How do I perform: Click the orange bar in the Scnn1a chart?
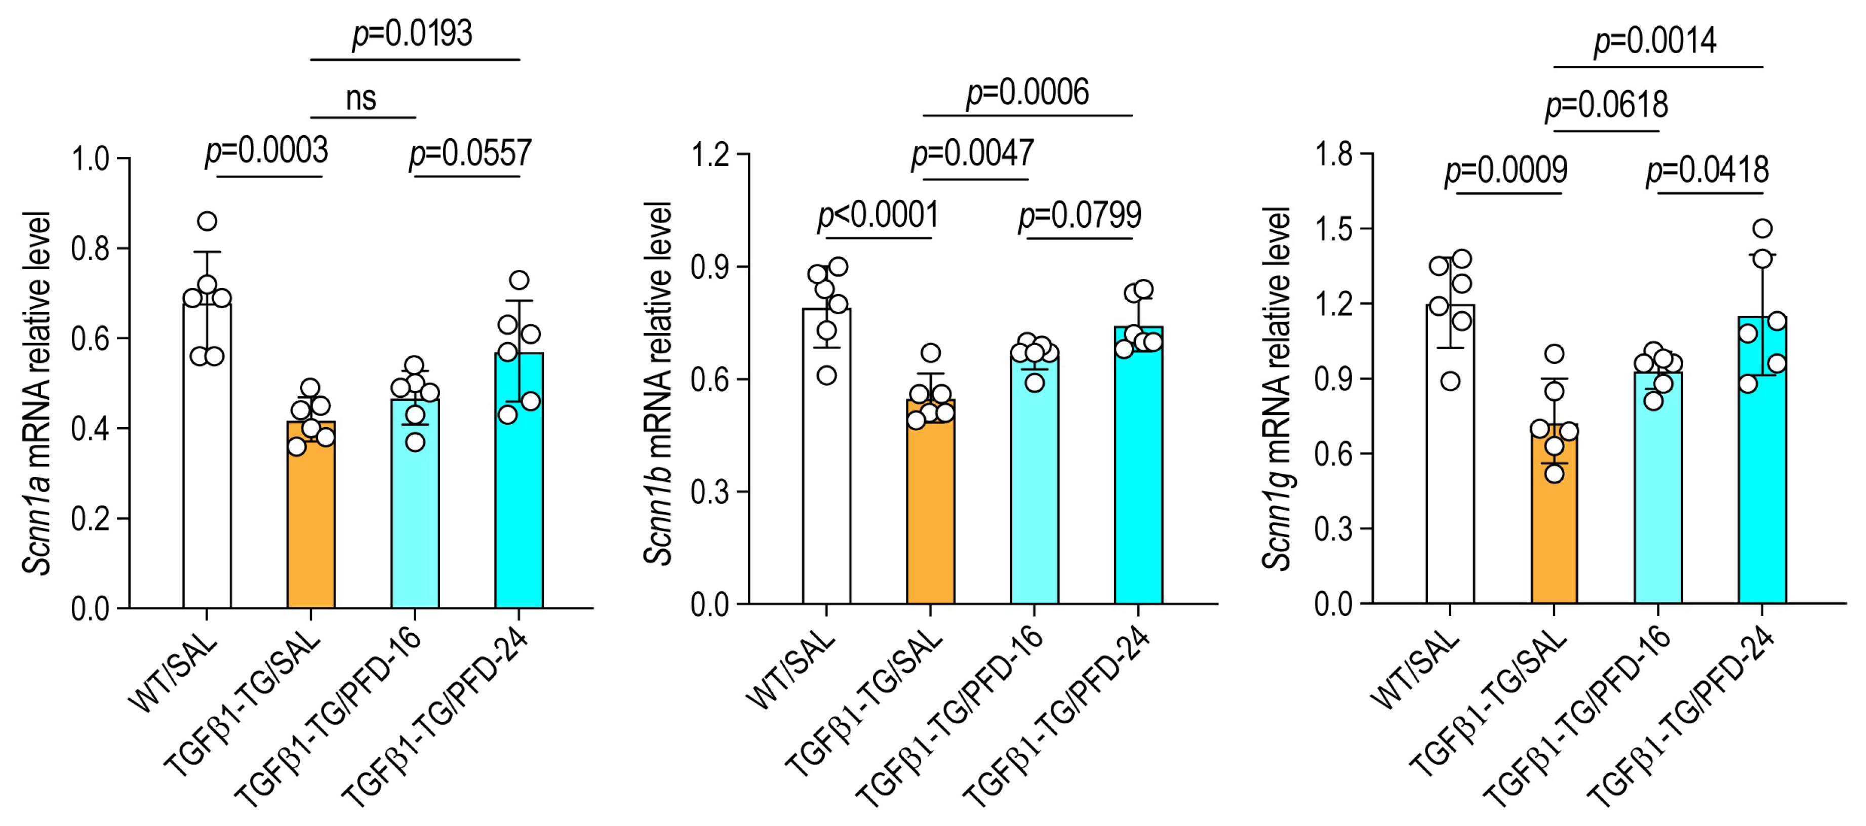tap(311, 515)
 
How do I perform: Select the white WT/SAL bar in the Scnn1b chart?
tap(826, 456)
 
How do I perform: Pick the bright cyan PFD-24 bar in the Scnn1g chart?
tap(1762, 460)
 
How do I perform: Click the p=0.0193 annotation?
tap(412, 34)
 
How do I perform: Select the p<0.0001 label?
tap(878, 215)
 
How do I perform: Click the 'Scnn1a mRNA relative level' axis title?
tap(36, 393)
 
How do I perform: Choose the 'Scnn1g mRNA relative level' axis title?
tap(1277, 389)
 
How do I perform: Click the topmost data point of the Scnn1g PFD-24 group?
tap(1762, 229)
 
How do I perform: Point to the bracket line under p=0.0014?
tap(1658, 67)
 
